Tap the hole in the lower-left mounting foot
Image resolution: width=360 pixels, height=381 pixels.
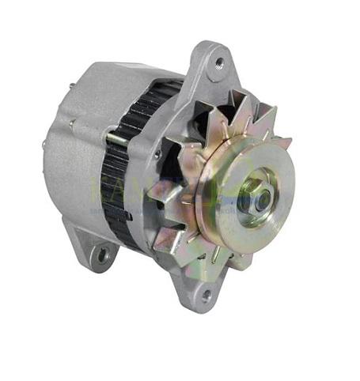[101, 254]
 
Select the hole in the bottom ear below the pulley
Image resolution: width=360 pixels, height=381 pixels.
[207, 294]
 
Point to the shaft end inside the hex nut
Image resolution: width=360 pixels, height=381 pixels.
[259, 194]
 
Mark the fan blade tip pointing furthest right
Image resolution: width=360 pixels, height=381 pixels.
[290, 142]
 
